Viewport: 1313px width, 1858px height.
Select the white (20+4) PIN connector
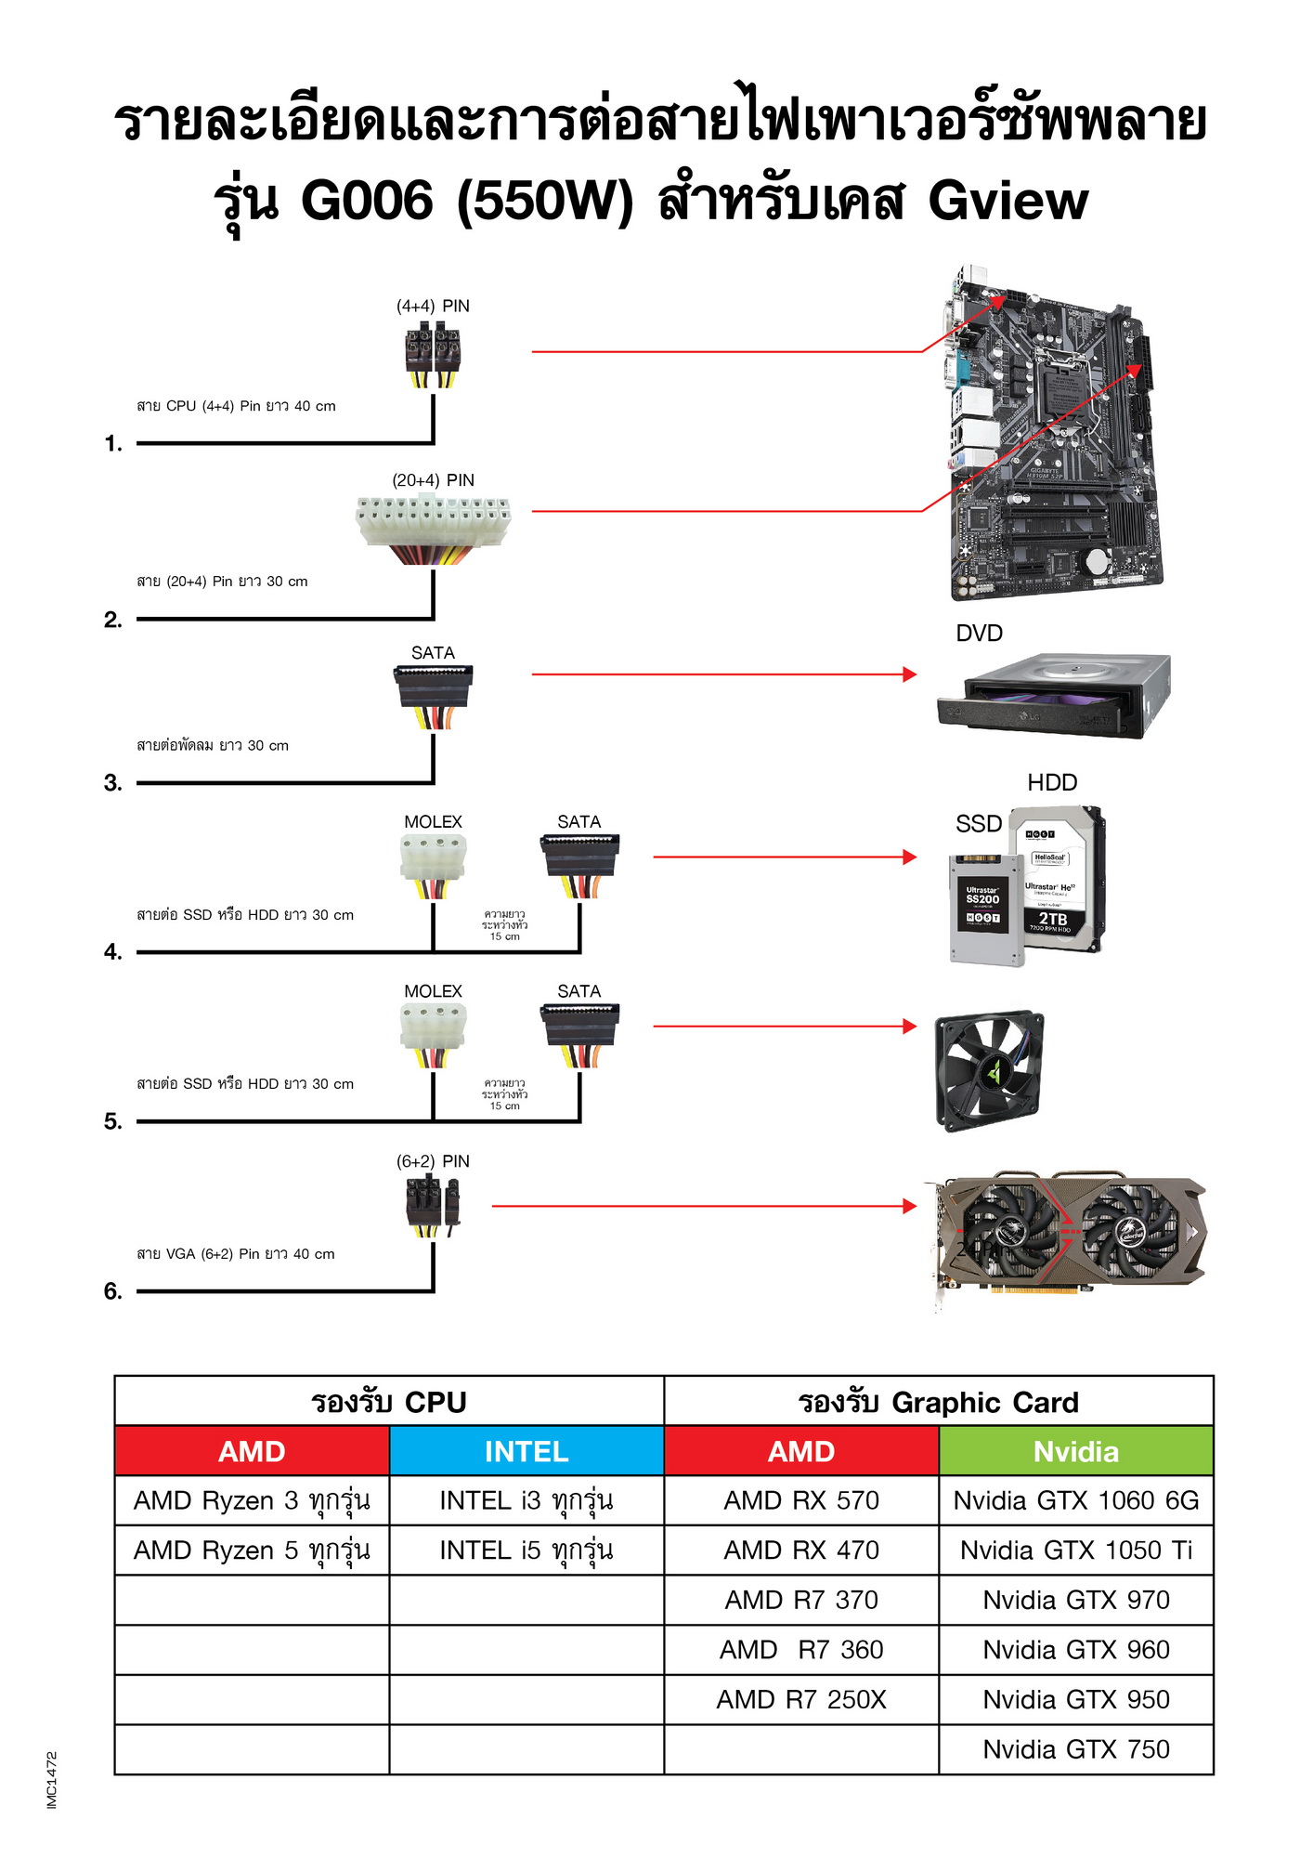click(433, 524)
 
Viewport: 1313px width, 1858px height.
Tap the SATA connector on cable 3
click(433, 692)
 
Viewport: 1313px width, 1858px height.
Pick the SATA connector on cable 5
click(579, 1031)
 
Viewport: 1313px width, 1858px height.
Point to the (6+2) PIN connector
click(433, 1204)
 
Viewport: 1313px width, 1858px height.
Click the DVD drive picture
click(1054, 697)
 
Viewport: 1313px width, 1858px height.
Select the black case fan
click(989, 1070)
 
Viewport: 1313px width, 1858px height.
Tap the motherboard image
click(1054, 432)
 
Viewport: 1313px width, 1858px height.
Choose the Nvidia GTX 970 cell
click(1076, 1600)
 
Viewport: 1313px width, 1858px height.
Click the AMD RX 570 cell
click(801, 1500)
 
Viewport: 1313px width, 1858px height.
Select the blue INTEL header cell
click(526, 1451)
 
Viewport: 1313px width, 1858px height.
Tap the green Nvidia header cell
click(1076, 1451)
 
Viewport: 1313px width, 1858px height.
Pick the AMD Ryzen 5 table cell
click(252, 1551)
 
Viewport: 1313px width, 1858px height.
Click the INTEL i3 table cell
click(526, 1500)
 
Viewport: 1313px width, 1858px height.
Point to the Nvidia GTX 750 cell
click(1076, 1749)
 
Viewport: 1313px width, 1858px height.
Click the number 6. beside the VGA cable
click(113, 1291)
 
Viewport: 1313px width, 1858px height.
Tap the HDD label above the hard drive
click(1052, 782)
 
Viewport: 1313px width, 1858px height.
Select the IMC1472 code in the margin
click(52, 1780)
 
